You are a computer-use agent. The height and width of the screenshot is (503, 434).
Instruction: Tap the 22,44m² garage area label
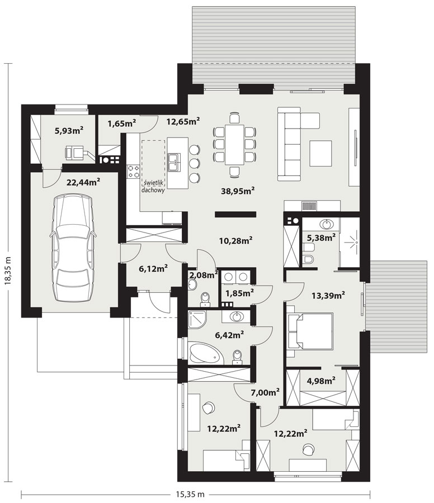tap(83, 182)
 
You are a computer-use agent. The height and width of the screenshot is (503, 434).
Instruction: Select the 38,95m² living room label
tap(238, 191)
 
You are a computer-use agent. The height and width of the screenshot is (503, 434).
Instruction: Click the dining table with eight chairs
tap(234, 144)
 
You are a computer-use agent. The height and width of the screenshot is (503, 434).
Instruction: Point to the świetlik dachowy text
tap(153, 186)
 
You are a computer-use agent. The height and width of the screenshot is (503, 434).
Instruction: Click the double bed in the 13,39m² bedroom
tap(310, 331)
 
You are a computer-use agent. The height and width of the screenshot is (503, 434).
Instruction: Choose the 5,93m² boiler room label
tap(69, 130)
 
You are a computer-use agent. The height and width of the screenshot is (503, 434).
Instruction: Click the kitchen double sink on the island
tap(174, 162)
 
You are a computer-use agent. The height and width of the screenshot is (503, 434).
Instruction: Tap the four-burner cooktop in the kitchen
tap(133, 172)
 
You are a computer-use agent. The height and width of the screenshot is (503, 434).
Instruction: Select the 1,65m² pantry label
tap(122, 123)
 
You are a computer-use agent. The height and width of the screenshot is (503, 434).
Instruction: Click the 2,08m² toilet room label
tap(204, 275)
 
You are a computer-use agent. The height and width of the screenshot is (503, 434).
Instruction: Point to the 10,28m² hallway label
tap(235, 240)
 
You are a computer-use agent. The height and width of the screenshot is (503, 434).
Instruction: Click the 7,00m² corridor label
tap(265, 392)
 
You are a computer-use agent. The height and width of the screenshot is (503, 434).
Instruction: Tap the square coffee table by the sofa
tap(320, 153)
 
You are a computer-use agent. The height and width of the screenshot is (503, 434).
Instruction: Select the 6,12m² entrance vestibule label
tap(153, 268)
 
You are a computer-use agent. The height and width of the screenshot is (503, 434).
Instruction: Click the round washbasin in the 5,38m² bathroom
tap(327, 224)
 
